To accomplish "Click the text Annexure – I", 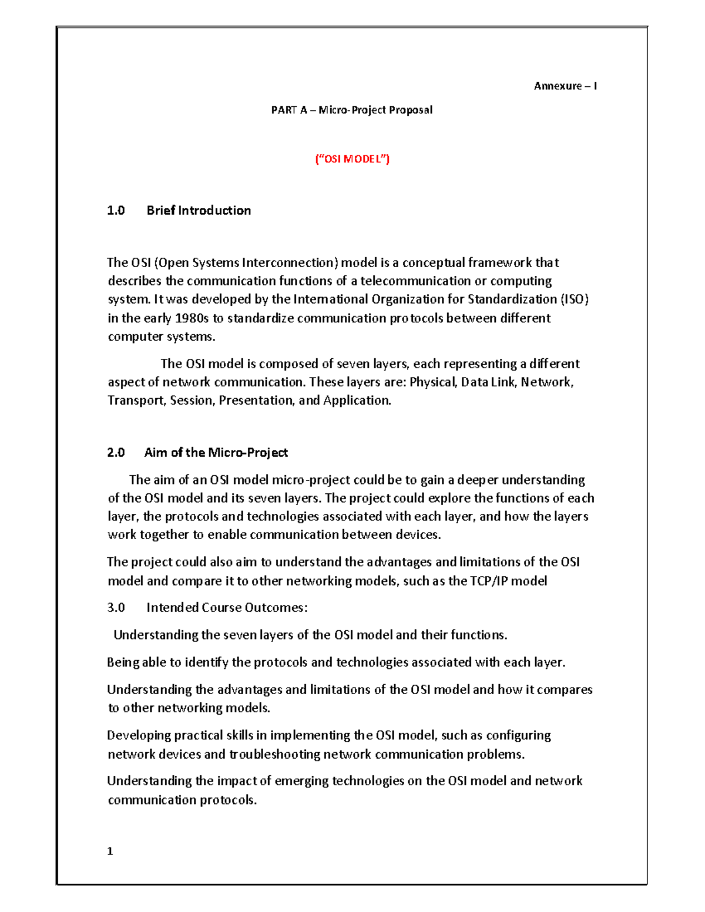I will pyautogui.click(x=565, y=86).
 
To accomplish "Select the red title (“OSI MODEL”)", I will pyautogui.click(x=352, y=159).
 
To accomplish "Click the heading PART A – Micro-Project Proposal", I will pyautogui.click(x=351, y=110).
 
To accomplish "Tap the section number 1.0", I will pyautogui.click(x=116, y=210).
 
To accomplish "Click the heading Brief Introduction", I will pyautogui.click(x=199, y=210).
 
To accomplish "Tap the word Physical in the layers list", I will pyautogui.click(x=432, y=382).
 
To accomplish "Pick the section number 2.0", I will pyautogui.click(x=116, y=452).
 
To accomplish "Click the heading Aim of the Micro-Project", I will pyautogui.click(x=216, y=452).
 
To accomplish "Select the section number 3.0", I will pyautogui.click(x=116, y=608).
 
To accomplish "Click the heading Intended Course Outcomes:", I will pyautogui.click(x=227, y=608).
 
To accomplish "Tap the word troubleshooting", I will pyautogui.click(x=274, y=754).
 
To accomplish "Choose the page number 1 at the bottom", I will pyautogui.click(x=110, y=852).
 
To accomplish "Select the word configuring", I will pyautogui.click(x=518, y=735).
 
